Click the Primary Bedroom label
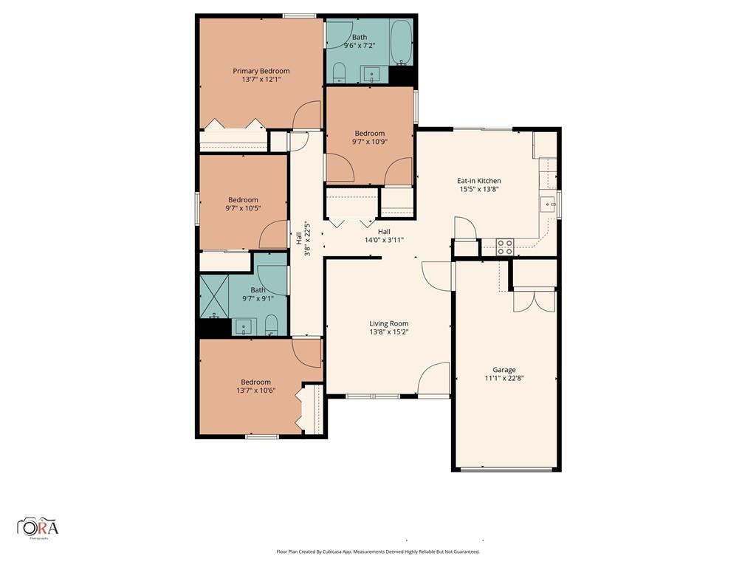tap(261, 71)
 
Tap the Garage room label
tap(504, 370)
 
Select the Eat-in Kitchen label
tap(478, 181)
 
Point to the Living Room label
tap(388, 323)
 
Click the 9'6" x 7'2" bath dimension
tap(360, 45)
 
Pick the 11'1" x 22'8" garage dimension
tap(504, 378)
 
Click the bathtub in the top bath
tap(401, 42)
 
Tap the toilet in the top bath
tap(340, 72)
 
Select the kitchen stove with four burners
tap(505, 247)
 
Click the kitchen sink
tap(549, 205)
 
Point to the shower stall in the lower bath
tap(214, 296)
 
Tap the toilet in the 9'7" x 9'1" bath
tap(272, 325)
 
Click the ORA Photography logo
tap(38, 527)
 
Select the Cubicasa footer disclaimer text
tap(377, 551)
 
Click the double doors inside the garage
tap(535, 300)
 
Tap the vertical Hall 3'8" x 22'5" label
tap(303, 238)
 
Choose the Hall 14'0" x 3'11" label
tap(384, 236)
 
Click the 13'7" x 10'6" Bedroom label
tap(255, 385)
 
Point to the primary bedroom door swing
tap(306, 114)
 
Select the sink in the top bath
tap(371, 75)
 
